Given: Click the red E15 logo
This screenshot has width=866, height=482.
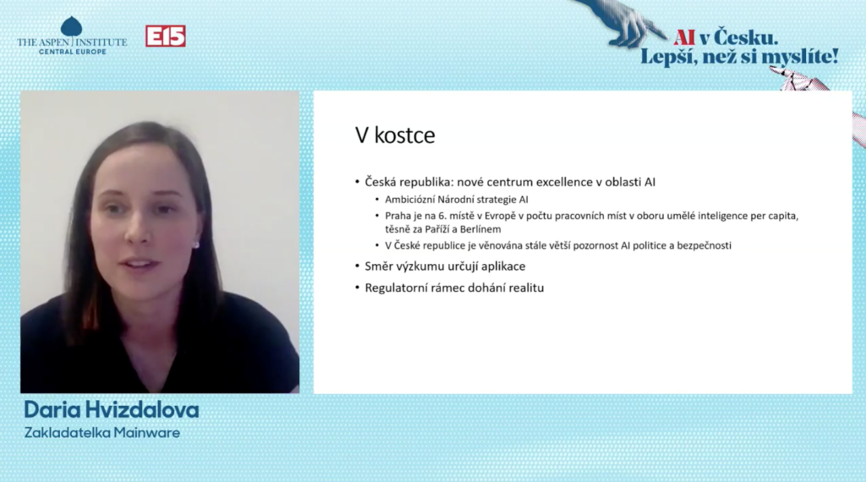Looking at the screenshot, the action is [x=166, y=36].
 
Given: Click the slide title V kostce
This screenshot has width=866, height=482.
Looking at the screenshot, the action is [x=395, y=135].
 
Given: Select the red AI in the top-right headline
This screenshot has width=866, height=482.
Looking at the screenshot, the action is [x=683, y=37].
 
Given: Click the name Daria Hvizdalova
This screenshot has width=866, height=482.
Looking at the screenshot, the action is [x=112, y=409].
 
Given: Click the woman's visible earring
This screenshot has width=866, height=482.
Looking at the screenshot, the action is [x=195, y=244].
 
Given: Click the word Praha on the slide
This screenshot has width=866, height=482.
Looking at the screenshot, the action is [x=398, y=216].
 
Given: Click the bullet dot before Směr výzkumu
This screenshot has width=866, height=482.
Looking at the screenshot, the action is [x=358, y=266].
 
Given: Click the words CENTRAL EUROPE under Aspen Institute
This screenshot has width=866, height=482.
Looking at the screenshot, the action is [x=73, y=52].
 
